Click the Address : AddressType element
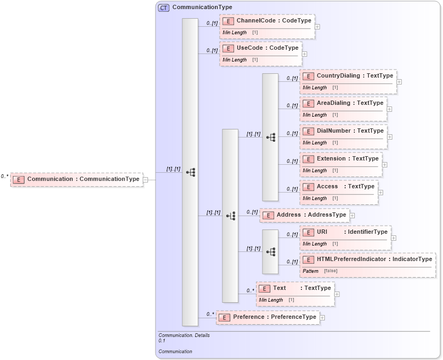(304, 215)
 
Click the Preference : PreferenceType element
(268, 317)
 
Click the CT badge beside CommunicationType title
(164, 7)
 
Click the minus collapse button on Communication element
(145, 180)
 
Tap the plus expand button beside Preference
(322, 318)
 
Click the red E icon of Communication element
(19, 179)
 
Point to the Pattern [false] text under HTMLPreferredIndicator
(320, 271)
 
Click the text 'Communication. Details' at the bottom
(184, 335)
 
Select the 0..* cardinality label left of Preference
(209, 315)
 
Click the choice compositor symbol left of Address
(230, 216)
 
